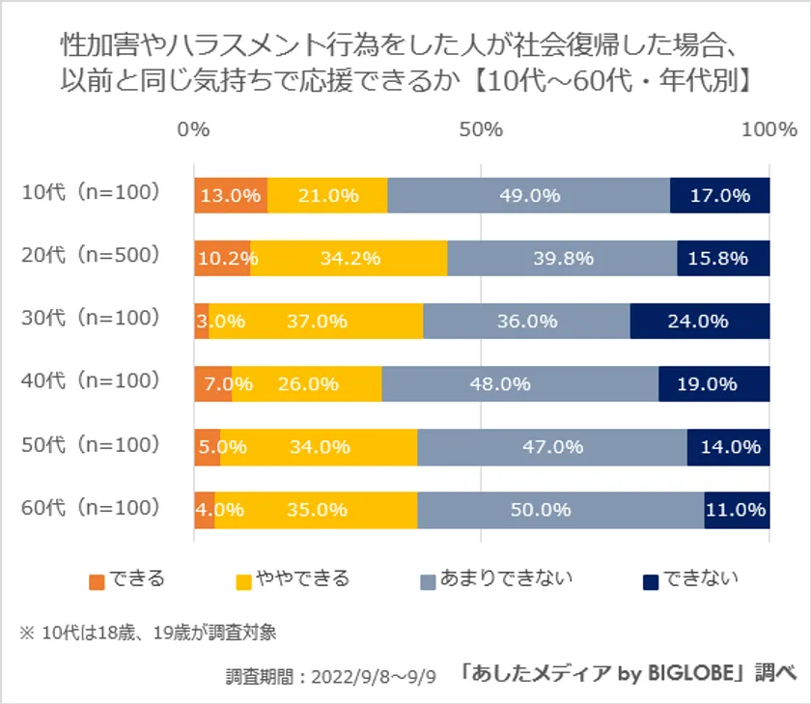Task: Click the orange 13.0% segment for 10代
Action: pos(231,195)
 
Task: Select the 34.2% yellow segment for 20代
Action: pos(349,258)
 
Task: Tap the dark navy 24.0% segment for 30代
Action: pos(699,321)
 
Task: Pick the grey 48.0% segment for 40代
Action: pos(519,383)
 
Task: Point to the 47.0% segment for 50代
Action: pos(551,446)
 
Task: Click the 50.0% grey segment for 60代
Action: pos(560,509)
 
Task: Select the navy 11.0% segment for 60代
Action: pos(737,509)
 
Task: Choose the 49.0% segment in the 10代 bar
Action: pos(529,195)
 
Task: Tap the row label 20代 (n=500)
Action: pos(90,256)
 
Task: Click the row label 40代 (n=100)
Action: pos(90,381)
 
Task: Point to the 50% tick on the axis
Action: pos(482,129)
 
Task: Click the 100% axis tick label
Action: pos(769,129)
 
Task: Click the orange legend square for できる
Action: pos(97,581)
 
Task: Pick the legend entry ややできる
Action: pos(300,579)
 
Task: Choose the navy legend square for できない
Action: pos(651,581)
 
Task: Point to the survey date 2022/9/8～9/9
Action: pos(366,674)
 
